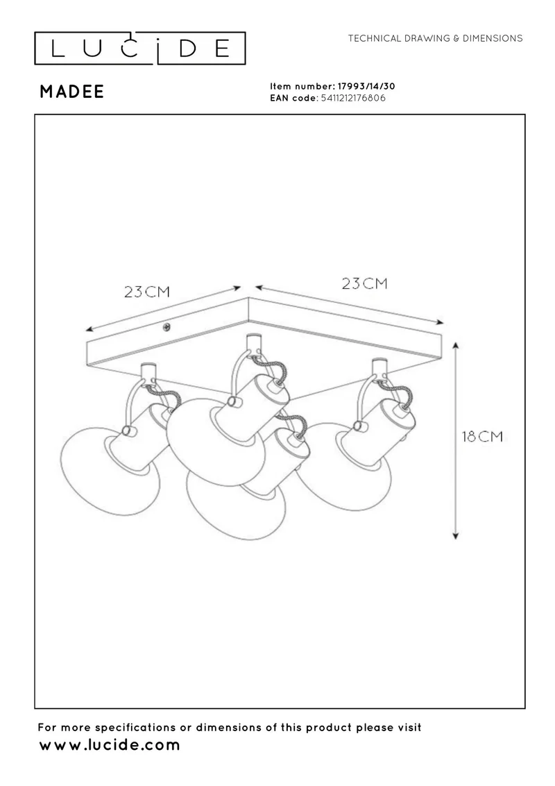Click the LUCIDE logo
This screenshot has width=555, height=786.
click(139, 48)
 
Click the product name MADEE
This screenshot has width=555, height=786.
click(72, 92)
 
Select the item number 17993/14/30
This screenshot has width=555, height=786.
click(366, 86)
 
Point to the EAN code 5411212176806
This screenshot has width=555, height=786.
click(353, 99)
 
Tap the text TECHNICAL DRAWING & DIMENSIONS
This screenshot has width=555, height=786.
click(435, 38)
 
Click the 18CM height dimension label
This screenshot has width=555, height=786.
click(482, 436)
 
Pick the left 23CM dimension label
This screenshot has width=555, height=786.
click(147, 292)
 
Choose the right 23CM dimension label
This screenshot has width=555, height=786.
click(365, 283)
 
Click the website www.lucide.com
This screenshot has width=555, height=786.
click(109, 745)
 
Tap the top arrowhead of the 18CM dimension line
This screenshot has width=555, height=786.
click(456, 346)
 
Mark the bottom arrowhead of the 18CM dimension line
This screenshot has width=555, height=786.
click(456, 535)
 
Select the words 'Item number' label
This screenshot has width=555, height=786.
click(301, 86)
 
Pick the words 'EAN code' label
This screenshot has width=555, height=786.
click(293, 99)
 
